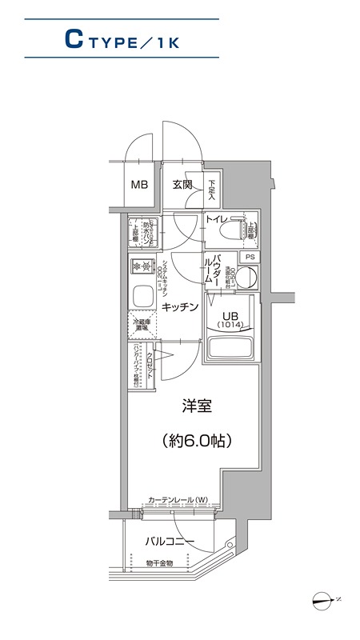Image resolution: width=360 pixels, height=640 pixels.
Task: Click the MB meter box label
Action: click(x=140, y=185)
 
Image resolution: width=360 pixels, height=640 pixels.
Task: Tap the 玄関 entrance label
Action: click(x=182, y=185)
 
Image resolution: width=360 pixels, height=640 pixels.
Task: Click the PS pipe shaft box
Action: click(x=250, y=257)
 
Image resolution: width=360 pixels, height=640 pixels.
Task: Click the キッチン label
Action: click(x=180, y=307)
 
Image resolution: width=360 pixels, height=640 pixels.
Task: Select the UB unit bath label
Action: click(x=230, y=316)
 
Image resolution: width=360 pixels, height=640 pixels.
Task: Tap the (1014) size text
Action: click(x=230, y=326)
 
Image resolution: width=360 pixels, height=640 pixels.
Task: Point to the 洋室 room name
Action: click(x=196, y=406)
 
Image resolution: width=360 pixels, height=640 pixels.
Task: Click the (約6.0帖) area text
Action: click(x=196, y=439)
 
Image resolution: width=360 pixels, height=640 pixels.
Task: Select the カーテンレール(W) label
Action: click(x=178, y=500)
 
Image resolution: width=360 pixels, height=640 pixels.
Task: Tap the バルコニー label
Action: click(x=170, y=542)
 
